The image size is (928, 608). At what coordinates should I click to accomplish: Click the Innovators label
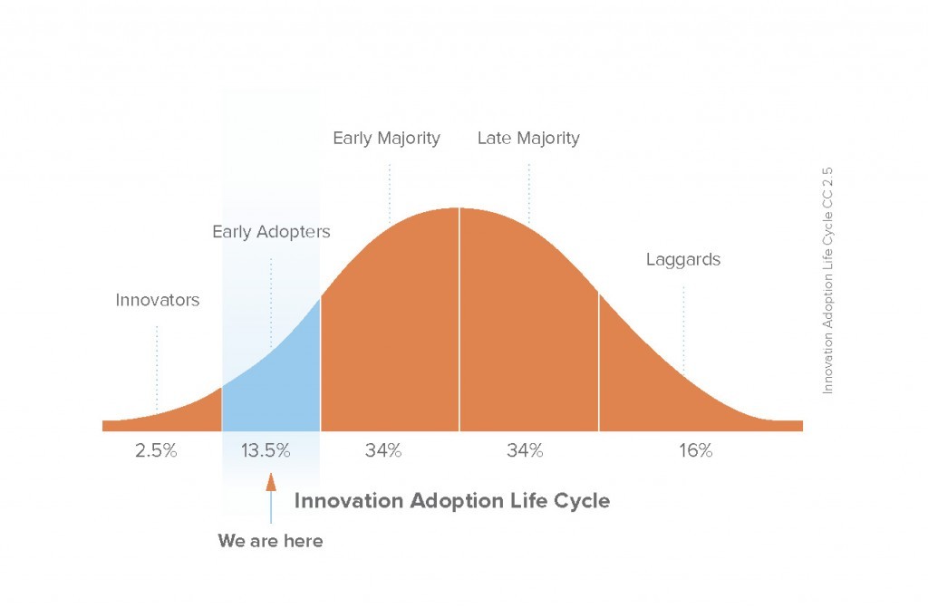158,300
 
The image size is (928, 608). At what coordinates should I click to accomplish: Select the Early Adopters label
271,231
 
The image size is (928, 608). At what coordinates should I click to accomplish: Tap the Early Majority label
386,139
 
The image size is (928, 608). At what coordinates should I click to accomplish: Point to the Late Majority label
528,139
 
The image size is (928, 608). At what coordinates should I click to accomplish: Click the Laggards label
683,260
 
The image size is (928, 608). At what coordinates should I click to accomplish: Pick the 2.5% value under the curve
156,450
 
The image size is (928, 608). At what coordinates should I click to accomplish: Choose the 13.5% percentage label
266,450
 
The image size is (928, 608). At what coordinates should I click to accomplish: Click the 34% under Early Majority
383,450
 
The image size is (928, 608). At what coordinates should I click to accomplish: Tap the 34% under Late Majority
525,450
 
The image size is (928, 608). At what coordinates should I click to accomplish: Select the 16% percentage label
696,450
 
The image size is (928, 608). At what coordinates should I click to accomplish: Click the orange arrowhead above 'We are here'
271,482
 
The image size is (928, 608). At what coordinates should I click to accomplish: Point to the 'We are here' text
270,541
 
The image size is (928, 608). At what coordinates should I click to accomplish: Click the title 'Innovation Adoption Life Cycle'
452,501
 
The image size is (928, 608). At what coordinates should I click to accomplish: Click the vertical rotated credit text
827,281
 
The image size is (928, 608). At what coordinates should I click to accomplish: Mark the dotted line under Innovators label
157,368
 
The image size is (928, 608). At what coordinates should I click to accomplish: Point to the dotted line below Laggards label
683,329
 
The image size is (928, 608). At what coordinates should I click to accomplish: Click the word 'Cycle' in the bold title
582,502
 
